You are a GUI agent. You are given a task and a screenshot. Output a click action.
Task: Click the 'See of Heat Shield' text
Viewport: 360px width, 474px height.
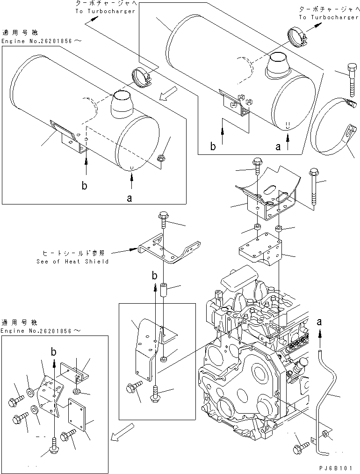[72, 261]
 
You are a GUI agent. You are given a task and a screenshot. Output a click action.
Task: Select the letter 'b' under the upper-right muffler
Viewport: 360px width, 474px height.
[213, 146]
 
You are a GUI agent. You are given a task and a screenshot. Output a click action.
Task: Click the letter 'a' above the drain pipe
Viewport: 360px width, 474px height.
[320, 321]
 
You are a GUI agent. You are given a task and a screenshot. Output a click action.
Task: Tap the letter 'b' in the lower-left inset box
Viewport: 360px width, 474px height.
[54, 351]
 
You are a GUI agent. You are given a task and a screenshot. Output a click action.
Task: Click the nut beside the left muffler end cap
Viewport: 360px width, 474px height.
[161, 160]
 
